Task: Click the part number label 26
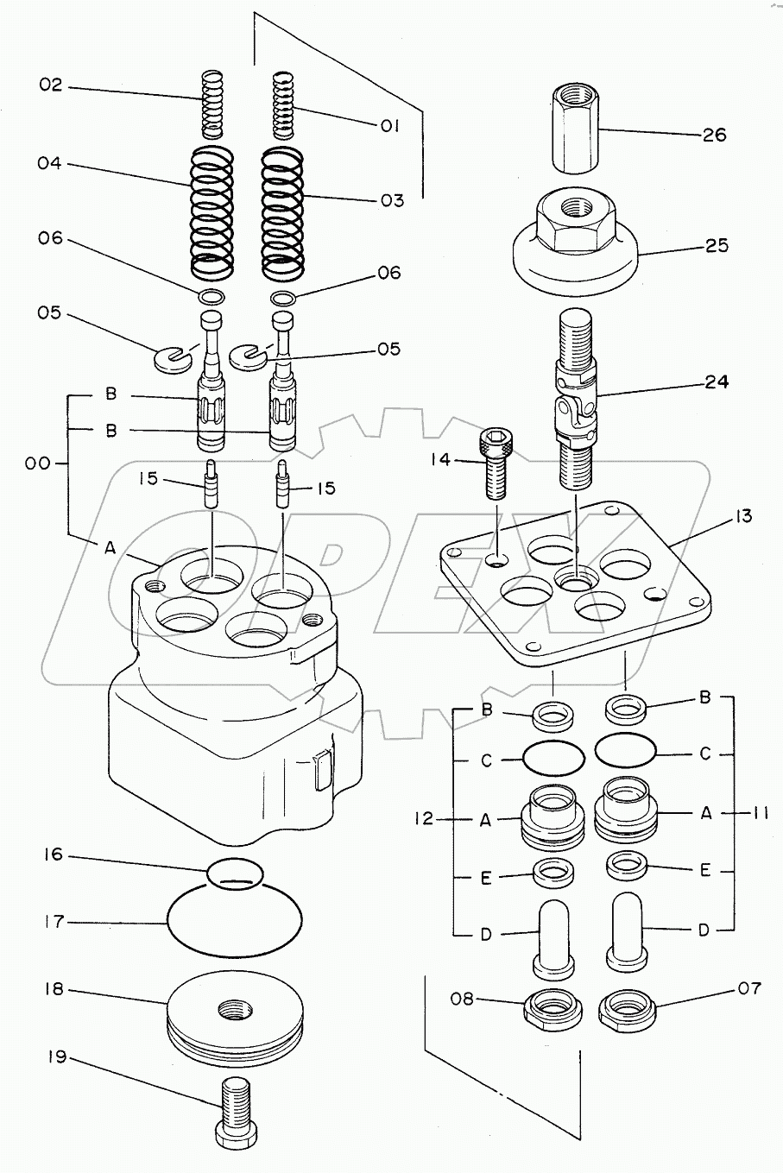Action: pos(715,136)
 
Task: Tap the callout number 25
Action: pos(717,246)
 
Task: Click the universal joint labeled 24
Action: pos(575,399)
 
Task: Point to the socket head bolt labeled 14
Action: pos(496,464)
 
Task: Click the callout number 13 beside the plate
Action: pos(742,516)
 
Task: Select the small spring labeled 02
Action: pos(214,104)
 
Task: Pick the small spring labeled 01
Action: pos(283,105)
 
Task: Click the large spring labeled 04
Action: pos(212,211)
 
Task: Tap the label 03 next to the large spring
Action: pos(392,200)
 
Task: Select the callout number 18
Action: pos(54,989)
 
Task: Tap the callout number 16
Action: pos(54,855)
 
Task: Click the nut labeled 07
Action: pos(628,1008)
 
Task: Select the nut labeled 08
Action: pos(553,1008)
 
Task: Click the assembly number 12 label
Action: pos(424,818)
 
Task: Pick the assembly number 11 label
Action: pos(759,813)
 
